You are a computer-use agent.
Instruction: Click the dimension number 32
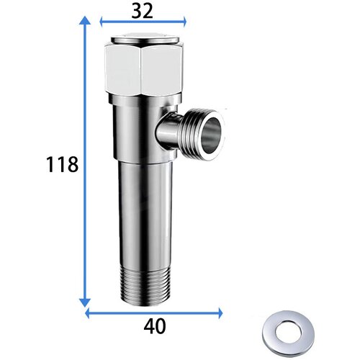142,11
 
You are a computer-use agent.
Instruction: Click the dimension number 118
62,164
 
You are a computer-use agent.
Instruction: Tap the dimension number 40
155,326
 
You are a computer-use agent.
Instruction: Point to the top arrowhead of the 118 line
85,20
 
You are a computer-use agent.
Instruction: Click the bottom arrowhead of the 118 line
85,302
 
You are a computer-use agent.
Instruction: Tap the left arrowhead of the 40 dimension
88,313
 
